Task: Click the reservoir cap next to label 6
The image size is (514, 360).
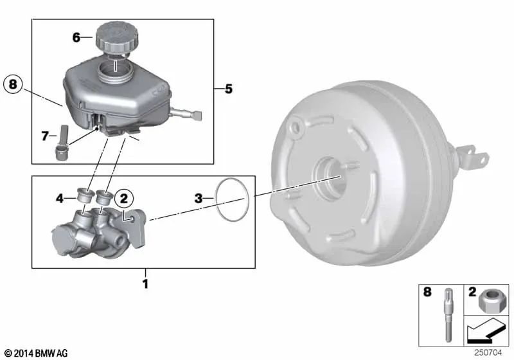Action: point(117,37)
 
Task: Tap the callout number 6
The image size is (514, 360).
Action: point(76,37)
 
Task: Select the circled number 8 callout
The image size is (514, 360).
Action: point(13,84)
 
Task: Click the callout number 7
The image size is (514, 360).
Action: point(45,136)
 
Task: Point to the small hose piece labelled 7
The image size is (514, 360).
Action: point(61,143)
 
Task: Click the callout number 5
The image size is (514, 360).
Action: point(229,89)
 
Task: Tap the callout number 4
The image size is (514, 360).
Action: point(59,199)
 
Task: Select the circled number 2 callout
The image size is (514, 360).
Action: point(123,199)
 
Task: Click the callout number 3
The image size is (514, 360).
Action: point(199,199)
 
